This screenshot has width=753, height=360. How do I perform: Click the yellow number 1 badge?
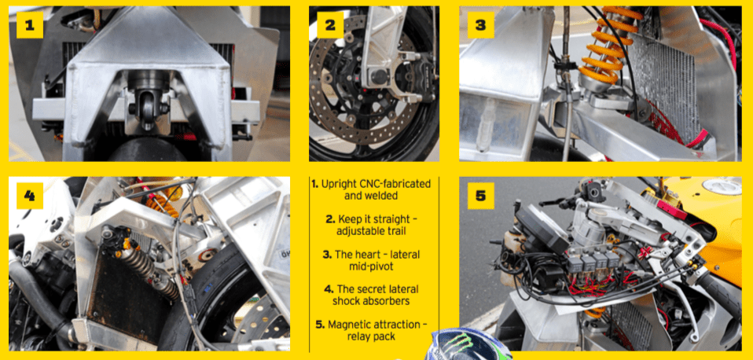pyautogui.click(x=30, y=25)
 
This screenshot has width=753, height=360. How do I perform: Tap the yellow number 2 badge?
pyautogui.click(x=330, y=25)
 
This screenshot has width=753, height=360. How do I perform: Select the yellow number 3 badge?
pyautogui.click(x=481, y=25)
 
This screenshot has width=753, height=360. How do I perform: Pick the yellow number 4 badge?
pyautogui.click(x=30, y=196)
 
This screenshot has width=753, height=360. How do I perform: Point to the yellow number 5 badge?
pyautogui.click(x=481, y=196)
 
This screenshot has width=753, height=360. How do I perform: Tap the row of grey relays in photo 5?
pyautogui.click(x=594, y=261)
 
